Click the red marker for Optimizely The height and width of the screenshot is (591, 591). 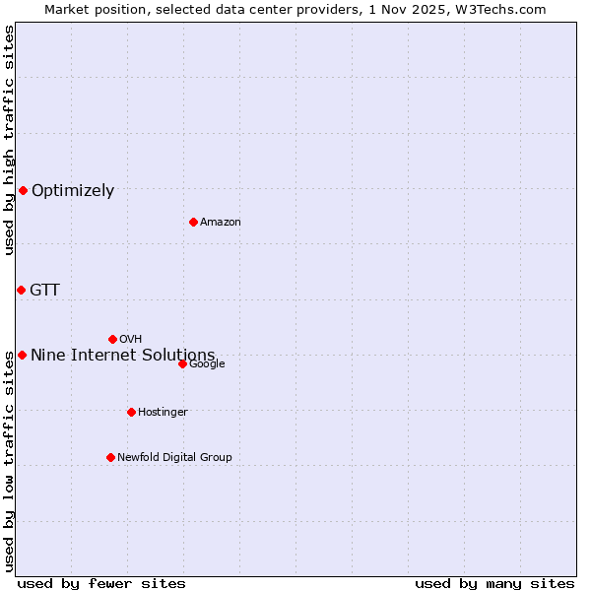(23, 190)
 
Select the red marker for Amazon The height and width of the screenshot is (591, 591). (193, 222)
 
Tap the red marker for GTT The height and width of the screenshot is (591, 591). (21, 290)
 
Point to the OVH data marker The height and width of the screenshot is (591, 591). (112, 339)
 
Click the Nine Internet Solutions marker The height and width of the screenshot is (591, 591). (22, 355)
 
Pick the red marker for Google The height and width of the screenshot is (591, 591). (182, 363)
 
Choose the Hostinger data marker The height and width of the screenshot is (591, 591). (131, 412)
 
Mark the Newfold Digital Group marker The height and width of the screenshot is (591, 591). (110, 457)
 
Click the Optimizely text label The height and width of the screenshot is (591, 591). (73, 191)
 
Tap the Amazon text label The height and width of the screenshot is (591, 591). (221, 223)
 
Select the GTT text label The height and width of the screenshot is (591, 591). (44, 290)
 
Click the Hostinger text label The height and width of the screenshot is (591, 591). (163, 412)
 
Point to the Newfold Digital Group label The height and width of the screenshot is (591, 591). (174, 457)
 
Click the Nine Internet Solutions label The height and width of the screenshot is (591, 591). (123, 355)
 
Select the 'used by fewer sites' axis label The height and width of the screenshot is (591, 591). (101, 583)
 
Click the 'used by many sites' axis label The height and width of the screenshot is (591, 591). (494, 583)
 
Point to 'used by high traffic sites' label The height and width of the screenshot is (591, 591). (10, 140)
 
